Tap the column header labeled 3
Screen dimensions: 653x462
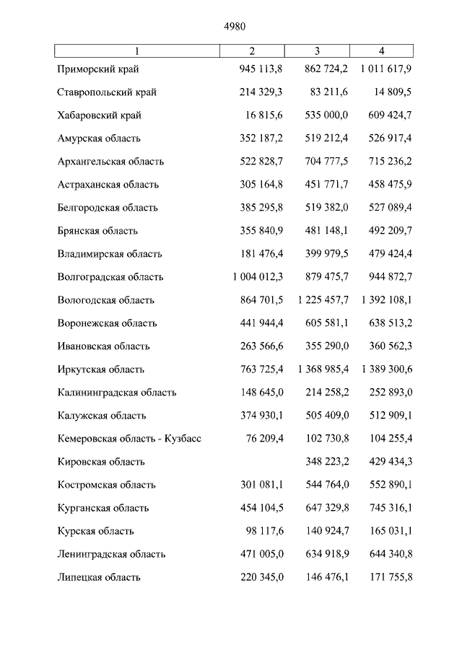point(317,51)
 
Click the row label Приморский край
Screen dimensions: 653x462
point(98,69)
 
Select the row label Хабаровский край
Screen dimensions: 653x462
point(100,115)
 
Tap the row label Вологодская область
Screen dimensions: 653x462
point(106,300)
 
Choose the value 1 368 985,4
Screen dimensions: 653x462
point(323,369)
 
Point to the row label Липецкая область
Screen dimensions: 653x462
point(99,577)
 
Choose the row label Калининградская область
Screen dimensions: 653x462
point(117,393)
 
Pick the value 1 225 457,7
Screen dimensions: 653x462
point(323,300)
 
